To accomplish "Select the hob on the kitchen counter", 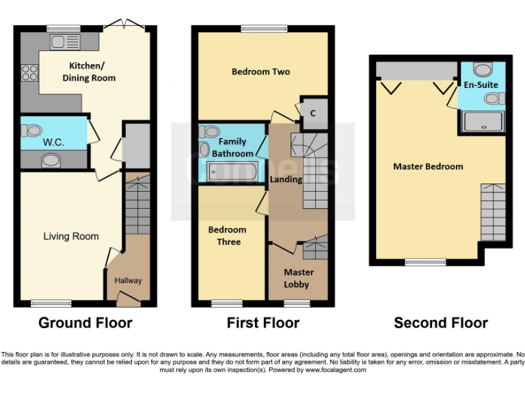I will pos(29,72).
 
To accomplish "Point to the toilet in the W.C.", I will pos(31,130).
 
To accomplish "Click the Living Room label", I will pos(71,236).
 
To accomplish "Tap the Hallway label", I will pos(128,280).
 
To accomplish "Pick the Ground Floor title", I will pos(85,323).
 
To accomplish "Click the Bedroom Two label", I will pos(260,72).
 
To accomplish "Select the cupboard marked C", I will pos(312,114).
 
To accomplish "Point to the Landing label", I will pos(284,179).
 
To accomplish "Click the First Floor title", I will pos(263,323).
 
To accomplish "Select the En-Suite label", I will pos(481,85).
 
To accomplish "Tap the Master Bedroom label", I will pos(428,166).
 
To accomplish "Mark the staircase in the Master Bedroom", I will pos(494,211).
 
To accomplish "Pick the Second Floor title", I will pos(441,323).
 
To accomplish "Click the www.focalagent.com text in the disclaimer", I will pos(336,370).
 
